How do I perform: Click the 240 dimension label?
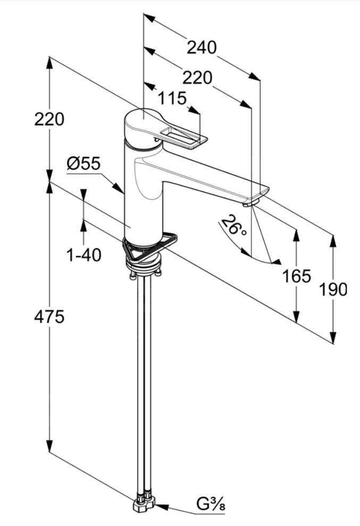[x=202, y=47]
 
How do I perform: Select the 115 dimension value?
[x=172, y=98]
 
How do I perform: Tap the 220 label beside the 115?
[x=197, y=78]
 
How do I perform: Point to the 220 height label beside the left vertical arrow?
[x=49, y=119]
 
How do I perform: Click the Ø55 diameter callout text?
[x=83, y=163]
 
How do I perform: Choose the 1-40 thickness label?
[x=83, y=255]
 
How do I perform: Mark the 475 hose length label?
[x=49, y=317]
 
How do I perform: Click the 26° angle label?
[x=235, y=226]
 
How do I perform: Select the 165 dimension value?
[x=296, y=276]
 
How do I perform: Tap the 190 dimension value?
[x=333, y=289]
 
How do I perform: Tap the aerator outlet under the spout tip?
[x=249, y=203]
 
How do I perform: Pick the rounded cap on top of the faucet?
[x=139, y=124]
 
